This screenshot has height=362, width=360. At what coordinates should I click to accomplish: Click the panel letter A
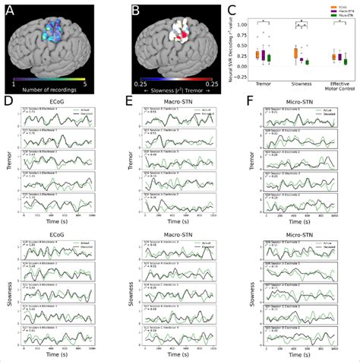click(9, 8)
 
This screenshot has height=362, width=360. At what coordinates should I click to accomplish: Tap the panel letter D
click(8, 100)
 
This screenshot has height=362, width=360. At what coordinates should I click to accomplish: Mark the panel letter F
click(242, 100)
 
